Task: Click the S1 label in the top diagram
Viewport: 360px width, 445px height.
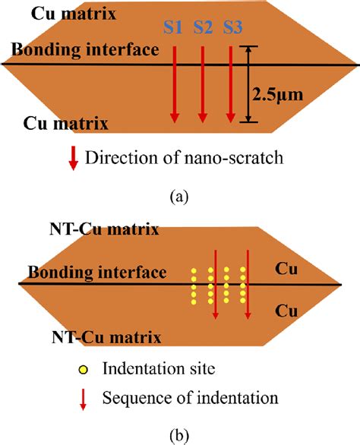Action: coord(174,29)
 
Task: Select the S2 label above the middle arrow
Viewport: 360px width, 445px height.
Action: coord(203,29)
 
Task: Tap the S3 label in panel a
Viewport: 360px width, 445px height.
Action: coord(232,29)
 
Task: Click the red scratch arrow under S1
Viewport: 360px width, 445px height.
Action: coord(175,84)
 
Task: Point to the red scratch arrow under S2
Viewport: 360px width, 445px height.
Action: coord(203,84)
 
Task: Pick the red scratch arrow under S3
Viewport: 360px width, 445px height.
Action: coord(231,84)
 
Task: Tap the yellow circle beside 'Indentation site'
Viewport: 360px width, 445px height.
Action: coord(84,369)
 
